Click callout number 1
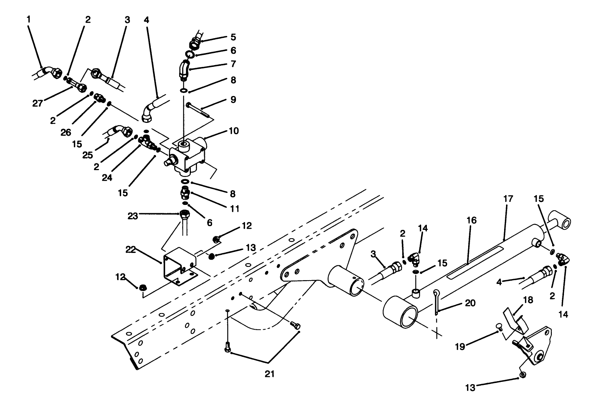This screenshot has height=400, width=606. tap(28, 19)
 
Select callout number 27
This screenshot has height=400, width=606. tap(37, 103)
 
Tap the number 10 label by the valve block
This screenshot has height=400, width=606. tap(233, 131)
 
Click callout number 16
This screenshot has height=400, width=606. tap(472, 220)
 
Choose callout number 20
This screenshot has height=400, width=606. tap(470, 303)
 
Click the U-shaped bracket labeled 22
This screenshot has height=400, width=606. tap(178, 265)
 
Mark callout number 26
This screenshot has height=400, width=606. tap(66, 132)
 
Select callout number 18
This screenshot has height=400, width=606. tap(528, 300)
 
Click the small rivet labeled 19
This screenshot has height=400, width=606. tap(498, 327)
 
